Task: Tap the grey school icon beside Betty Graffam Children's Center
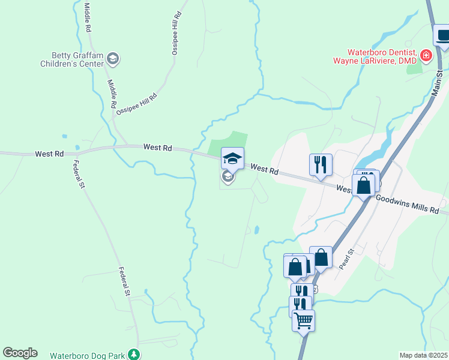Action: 113,58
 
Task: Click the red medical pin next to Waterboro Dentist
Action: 426,56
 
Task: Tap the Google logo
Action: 20,353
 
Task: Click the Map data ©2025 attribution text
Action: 423,355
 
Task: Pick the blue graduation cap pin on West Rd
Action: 232,159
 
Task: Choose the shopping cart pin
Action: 303,320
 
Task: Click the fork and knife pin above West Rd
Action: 321,164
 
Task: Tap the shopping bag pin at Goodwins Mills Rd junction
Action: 363,185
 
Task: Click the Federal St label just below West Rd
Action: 79,175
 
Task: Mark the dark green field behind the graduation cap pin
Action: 228,142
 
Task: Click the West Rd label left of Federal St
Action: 49,154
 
